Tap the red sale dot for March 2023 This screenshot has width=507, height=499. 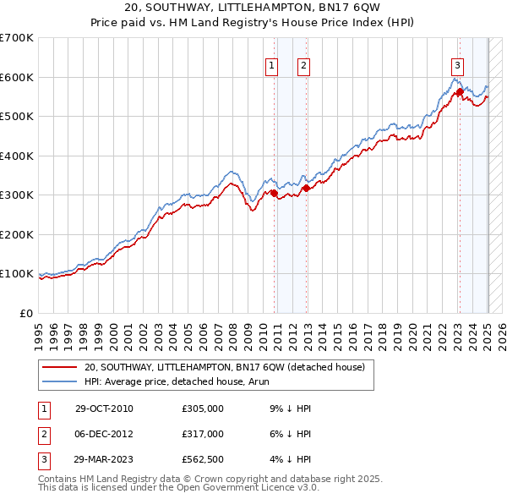pyautogui.click(x=460, y=91)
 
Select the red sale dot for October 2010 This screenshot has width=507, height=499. pyautogui.click(x=275, y=193)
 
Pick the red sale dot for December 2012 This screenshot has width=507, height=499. pyautogui.click(x=306, y=188)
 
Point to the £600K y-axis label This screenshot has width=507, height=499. pyautogui.click(x=16, y=77)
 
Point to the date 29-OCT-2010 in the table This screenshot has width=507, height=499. pyautogui.click(x=104, y=409)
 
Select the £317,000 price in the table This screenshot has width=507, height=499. pyautogui.click(x=203, y=434)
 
